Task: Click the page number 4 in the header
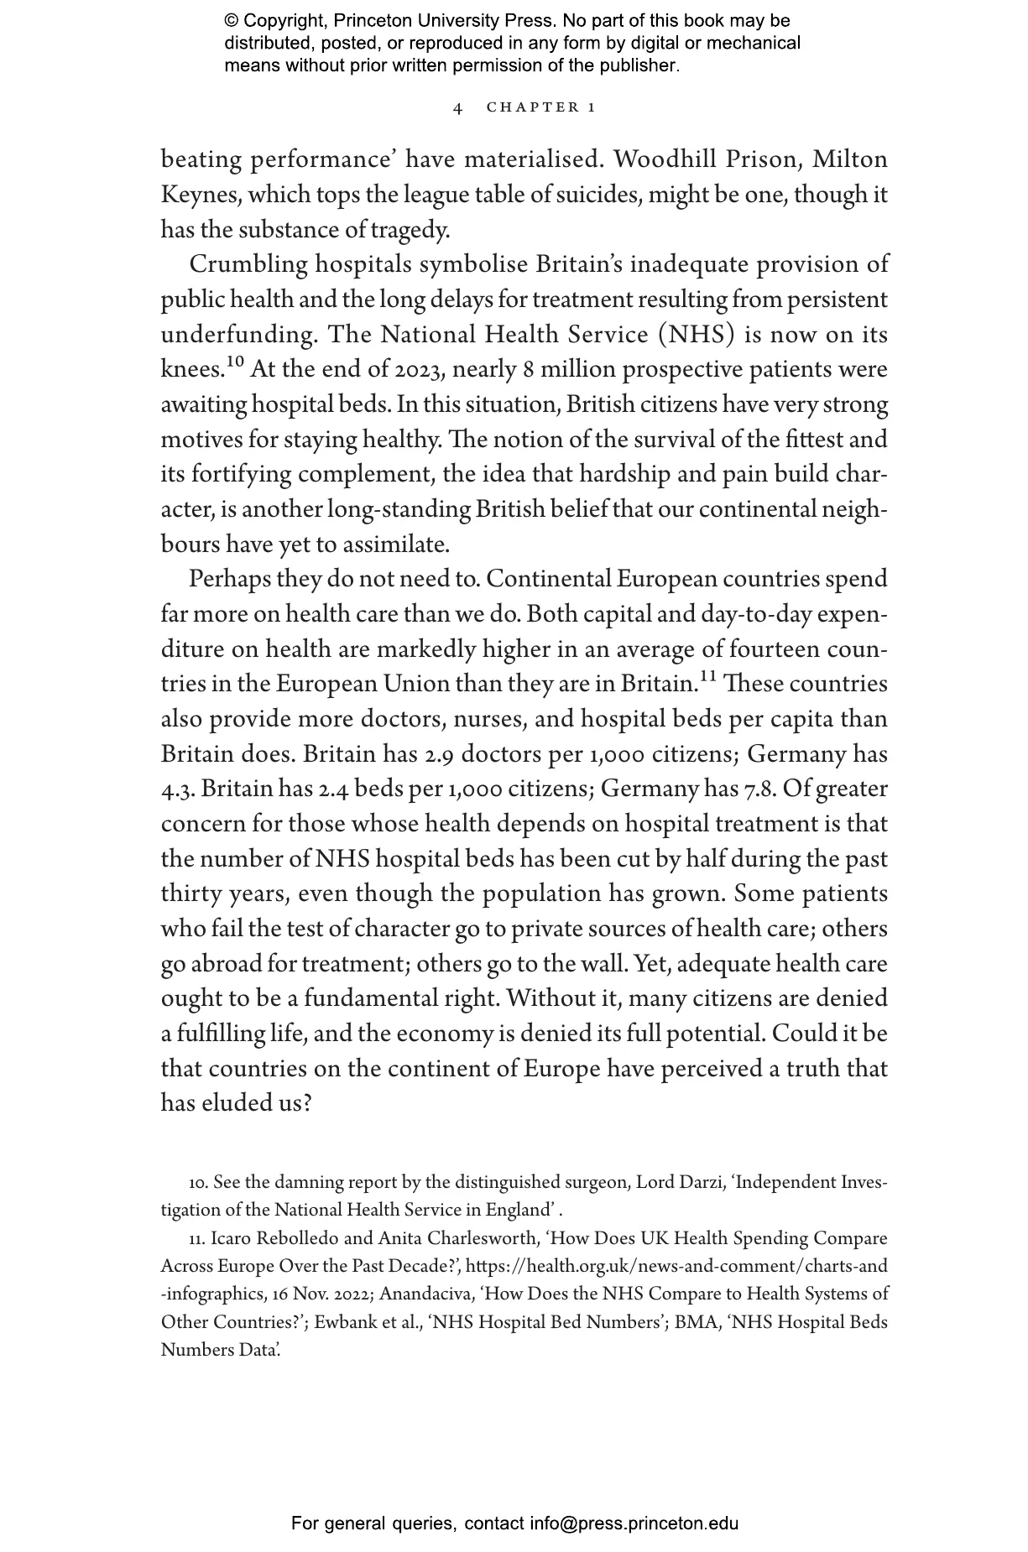(457, 108)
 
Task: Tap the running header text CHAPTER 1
(541, 108)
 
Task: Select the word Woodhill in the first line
(666, 159)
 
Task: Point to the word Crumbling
(248, 264)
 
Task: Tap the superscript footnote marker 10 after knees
(235, 362)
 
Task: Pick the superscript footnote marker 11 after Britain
(707, 677)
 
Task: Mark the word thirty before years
(191, 894)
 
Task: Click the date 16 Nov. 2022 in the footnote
(321, 1294)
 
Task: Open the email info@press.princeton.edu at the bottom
(634, 1523)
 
